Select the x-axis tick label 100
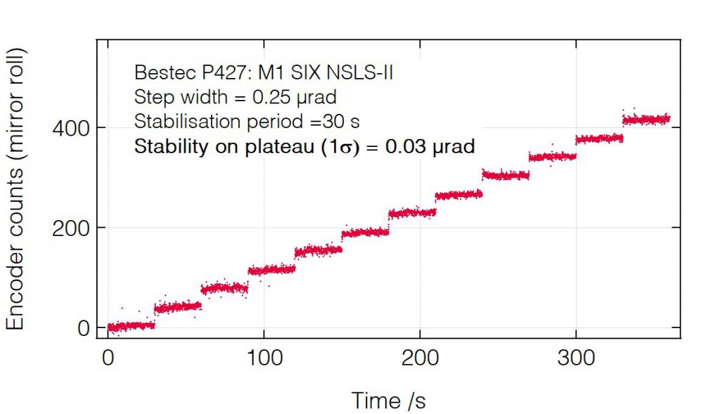(264, 358)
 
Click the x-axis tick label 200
(420, 358)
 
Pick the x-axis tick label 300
(576, 358)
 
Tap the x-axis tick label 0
(108, 358)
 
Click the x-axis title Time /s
(388, 400)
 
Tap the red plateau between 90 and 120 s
(271, 269)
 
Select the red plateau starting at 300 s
(599, 138)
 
